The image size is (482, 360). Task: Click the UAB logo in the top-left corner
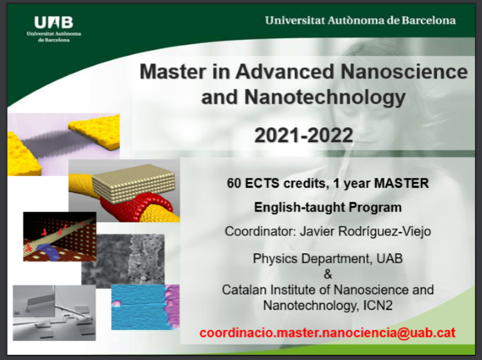[x=54, y=29]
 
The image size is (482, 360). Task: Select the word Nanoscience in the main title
[x=404, y=71]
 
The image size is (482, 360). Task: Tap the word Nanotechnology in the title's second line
[x=325, y=98]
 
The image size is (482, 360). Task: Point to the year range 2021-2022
[x=304, y=135]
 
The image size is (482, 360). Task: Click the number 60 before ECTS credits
[x=234, y=183]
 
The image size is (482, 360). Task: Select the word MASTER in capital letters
[x=401, y=183]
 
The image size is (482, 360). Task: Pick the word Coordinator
[x=260, y=231]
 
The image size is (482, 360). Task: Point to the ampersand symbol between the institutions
[x=328, y=274]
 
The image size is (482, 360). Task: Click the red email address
[x=327, y=333]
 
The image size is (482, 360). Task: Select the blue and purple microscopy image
[x=145, y=307]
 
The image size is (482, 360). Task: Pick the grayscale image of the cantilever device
[x=54, y=312]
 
